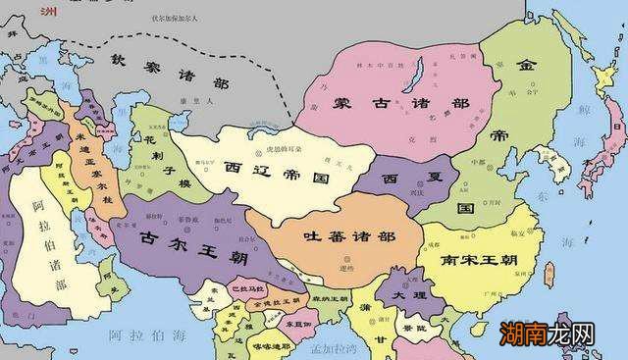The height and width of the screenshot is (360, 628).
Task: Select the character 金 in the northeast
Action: pos(527,65)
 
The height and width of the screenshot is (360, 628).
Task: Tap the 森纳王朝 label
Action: pos(331,298)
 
